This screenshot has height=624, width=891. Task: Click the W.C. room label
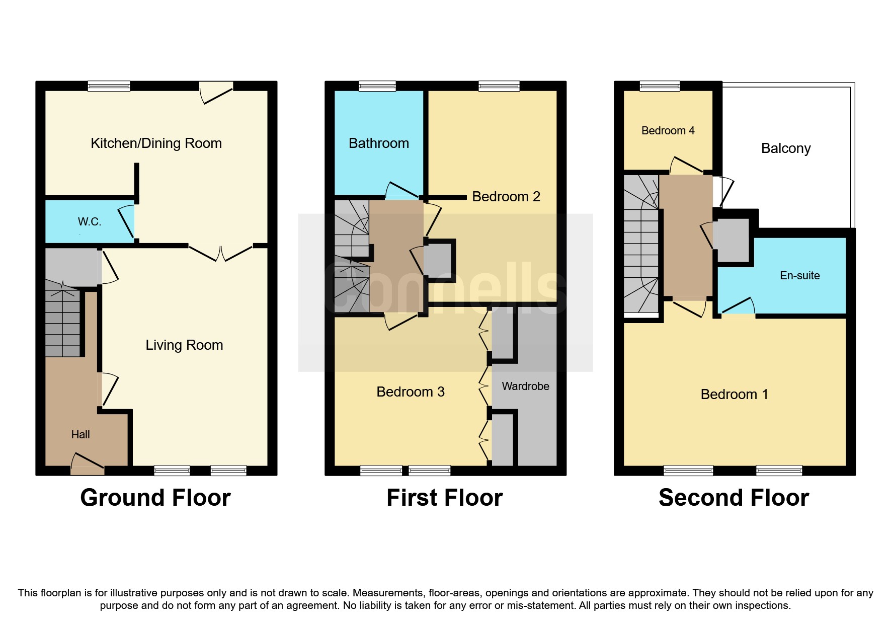tap(90, 222)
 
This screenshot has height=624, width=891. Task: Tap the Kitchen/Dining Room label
tap(156, 143)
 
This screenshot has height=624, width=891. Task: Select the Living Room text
tap(184, 345)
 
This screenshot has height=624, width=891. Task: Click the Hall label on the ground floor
tap(80, 435)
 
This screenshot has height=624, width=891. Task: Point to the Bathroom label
tap(378, 143)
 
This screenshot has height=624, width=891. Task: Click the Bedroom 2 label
tap(506, 197)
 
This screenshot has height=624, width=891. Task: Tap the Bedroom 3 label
tap(410, 392)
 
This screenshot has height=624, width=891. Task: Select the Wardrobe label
tap(525, 386)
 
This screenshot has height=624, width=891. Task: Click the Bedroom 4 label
tap(668, 131)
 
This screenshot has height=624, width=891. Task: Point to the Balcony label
tap(785, 148)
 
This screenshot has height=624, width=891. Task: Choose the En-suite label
tap(799, 276)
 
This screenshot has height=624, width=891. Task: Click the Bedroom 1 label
tap(734, 395)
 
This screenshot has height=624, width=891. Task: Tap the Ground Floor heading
tap(155, 498)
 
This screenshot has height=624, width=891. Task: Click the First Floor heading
tap(444, 498)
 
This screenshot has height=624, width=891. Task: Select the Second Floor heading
tap(734, 498)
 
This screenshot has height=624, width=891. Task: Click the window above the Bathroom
tap(377, 87)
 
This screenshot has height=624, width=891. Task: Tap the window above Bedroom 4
tap(660, 87)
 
